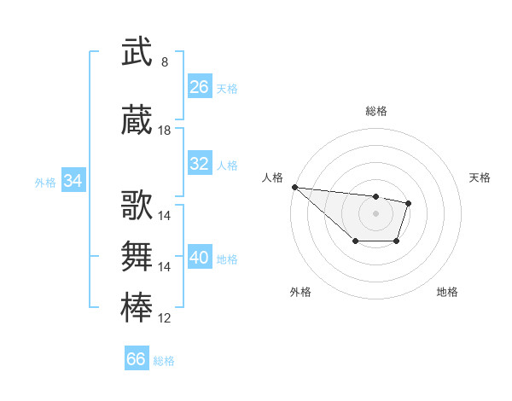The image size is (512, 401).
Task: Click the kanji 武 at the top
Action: pyautogui.click(x=137, y=52)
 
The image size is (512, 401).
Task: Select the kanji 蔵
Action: pyautogui.click(x=137, y=121)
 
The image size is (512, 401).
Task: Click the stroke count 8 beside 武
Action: pyautogui.click(x=165, y=62)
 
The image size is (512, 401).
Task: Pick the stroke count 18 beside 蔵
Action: pyautogui.click(x=165, y=131)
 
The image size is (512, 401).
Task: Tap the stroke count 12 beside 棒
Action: pyautogui.click(x=165, y=318)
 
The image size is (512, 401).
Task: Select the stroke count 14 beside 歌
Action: pyautogui.click(x=165, y=216)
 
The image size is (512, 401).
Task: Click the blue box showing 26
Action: pyautogui.click(x=199, y=87)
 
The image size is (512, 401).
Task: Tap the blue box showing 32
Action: pyautogui.click(x=199, y=164)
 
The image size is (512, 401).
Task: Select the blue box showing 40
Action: pyautogui.click(x=199, y=258)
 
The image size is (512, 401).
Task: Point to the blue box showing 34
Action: pyautogui.click(x=73, y=181)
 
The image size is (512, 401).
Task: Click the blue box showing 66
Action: pyautogui.click(x=136, y=359)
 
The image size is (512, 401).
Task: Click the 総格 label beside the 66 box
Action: pyautogui.click(x=164, y=361)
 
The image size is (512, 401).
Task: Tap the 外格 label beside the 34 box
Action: pyautogui.click(x=45, y=182)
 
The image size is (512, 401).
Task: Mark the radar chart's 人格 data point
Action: pyautogui.click(x=294, y=187)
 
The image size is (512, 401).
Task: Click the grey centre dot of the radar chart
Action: pyautogui.click(x=375, y=213)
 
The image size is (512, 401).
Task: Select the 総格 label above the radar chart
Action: pyautogui.click(x=375, y=111)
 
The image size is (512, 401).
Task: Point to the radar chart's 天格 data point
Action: pyautogui.click(x=409, y=203)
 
